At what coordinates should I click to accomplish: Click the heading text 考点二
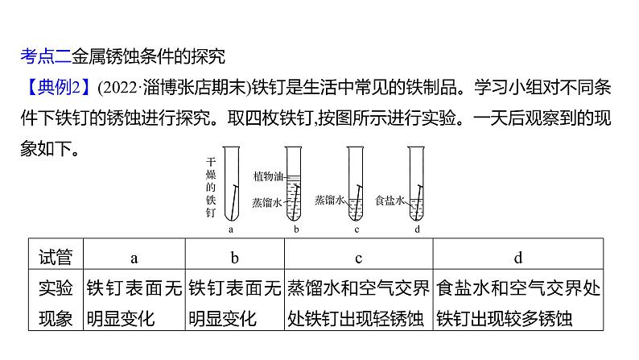pyautogui.click(x=44, y=56)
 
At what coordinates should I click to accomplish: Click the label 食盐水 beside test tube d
pyautogui.click(x=389, y=200)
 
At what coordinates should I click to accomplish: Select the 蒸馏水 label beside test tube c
pyautogui.click(x=329, y=199)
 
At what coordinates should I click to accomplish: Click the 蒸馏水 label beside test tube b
pyautogui.click(x=266, y=203)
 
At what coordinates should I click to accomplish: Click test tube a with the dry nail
pyautogui.click(x=231, y=184)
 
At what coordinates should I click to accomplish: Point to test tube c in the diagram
pyautogui.click(x=355, y=184)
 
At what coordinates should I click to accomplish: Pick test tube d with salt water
pyautogui.click(x=415, y=184)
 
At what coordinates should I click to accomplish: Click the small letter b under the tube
pyautogui.click(x=296, y=230)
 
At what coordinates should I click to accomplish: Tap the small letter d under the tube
pyautogui.click(x=416, y=230)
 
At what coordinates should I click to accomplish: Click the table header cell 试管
pyautogui.click(x=56, y=258)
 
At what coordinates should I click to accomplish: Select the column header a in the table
pyautogui.click(x=134, y=258)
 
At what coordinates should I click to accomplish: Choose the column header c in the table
pyautogui.click(x=357, y=258)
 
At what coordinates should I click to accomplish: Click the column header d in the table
pyautogui.click(x=518, y=258)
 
